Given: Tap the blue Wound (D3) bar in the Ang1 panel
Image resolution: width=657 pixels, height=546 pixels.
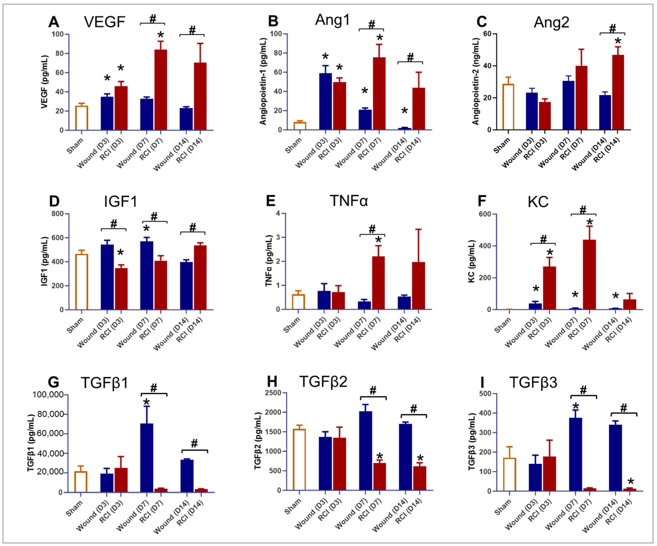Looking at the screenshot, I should coord(325,101).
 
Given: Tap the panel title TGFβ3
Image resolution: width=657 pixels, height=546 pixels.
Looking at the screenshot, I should coord(533,382).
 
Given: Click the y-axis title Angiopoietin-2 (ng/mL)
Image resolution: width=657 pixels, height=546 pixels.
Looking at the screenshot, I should coord(476,81).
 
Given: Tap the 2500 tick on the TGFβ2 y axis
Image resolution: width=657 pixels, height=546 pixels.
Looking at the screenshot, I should coord(273,393).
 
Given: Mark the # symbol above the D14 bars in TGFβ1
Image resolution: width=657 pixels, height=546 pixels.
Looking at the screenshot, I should coord(194,443).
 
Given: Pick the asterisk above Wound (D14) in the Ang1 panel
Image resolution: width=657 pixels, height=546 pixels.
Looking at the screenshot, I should coord(404,111).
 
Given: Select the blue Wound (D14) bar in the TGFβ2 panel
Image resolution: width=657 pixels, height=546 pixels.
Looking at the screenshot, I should coord(405,457).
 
